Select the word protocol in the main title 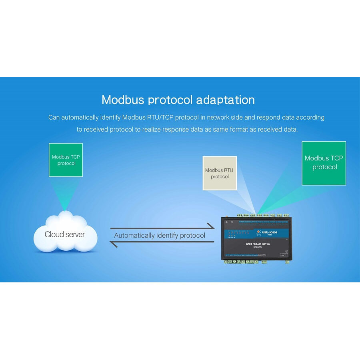(x=170, y=100)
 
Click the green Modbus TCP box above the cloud (x=66, y=160)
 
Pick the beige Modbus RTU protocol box (x=220, y=173)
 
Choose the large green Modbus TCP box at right (x=324, y=163)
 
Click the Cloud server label (x=65, y=234)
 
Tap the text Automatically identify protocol (x=160, y=235)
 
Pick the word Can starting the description (x=54, y=118)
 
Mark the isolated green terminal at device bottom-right (x=287, y=262)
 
